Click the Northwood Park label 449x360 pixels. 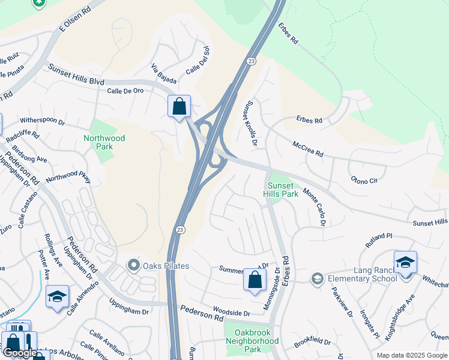[104, 142]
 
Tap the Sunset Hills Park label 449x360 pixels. [280, 190]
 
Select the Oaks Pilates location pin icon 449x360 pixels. [133, 265]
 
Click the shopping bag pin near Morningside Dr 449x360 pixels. [255, 280]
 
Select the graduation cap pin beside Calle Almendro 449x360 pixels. [57, 296]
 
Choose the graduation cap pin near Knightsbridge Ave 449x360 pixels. [405, 262]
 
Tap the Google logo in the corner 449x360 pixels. [19, 353]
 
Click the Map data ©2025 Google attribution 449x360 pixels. [412, 355]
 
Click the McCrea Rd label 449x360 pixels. [308, 150]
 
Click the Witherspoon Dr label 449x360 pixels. [42, 122]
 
